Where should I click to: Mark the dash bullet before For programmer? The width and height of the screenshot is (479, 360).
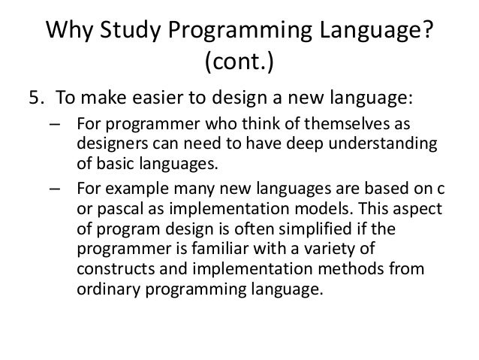(x=58, y=125)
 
